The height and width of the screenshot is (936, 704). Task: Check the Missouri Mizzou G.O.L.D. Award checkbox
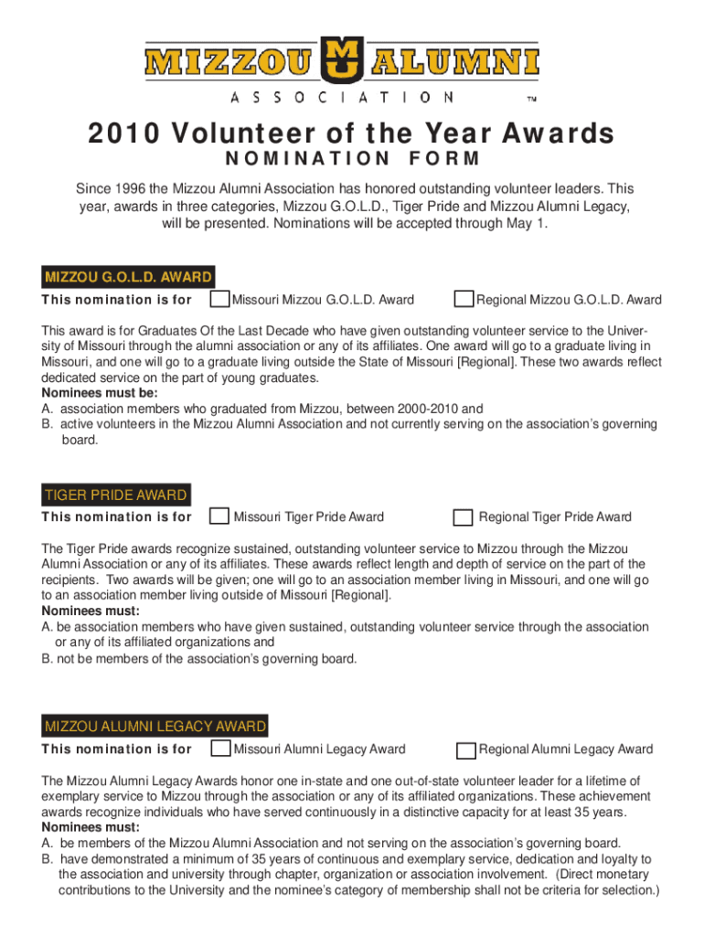coord(219,299)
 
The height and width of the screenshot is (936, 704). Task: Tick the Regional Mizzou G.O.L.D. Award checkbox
coord(464,299)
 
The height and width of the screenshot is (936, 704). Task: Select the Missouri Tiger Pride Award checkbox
coord(219,516)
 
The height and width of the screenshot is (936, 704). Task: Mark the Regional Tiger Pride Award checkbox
coord(464,517)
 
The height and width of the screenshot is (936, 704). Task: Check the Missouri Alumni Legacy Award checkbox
coord(219,749)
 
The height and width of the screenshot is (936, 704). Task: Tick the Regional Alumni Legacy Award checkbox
coord(465,750)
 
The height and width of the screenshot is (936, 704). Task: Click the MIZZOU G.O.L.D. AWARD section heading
coord(128,277)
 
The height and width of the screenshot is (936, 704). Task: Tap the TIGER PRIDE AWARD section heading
coord(115,495)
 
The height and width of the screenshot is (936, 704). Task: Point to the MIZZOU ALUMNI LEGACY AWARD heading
coord(155,728)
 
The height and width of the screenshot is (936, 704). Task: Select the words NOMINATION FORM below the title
coord(352,160)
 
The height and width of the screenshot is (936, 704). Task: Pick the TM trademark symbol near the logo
coord(531,98)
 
